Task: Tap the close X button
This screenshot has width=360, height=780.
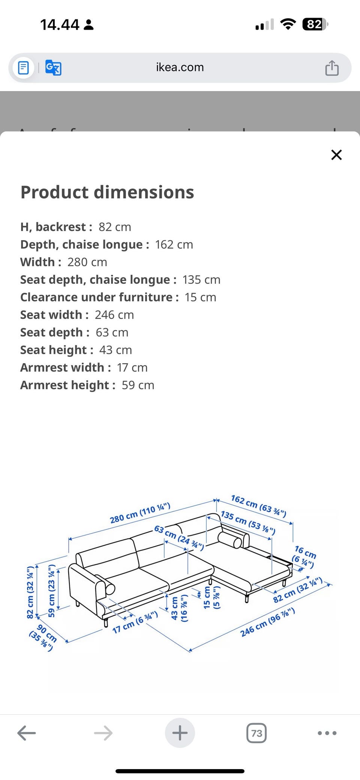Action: tap(336, 155)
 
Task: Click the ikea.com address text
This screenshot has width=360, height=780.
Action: tap(180, 67)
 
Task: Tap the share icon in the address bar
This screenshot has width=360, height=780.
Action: tap(332, 68)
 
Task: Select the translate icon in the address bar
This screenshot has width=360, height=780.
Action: tap(53, 68)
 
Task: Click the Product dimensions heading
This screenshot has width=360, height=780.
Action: tap(107, 192)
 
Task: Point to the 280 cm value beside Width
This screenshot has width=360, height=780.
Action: tap(87, 262)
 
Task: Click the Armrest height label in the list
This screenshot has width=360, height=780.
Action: tap(67, 385)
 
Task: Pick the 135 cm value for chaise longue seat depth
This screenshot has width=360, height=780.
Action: tap(201, 280)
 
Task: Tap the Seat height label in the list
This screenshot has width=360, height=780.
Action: tap(56, 350)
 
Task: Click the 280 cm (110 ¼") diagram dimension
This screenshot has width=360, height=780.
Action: tap(140, 514)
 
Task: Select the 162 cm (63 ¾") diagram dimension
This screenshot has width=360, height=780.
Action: tap(258, 506)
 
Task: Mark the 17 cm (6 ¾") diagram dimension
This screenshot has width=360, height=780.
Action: tap(135, 623)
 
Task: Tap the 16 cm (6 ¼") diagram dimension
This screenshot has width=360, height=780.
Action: tap(304, 556)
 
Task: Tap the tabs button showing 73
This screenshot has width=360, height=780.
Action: tap(256, 733)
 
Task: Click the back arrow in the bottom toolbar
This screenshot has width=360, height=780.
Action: tap(27, 733)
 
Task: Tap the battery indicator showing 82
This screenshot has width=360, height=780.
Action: tap(315, 25)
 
